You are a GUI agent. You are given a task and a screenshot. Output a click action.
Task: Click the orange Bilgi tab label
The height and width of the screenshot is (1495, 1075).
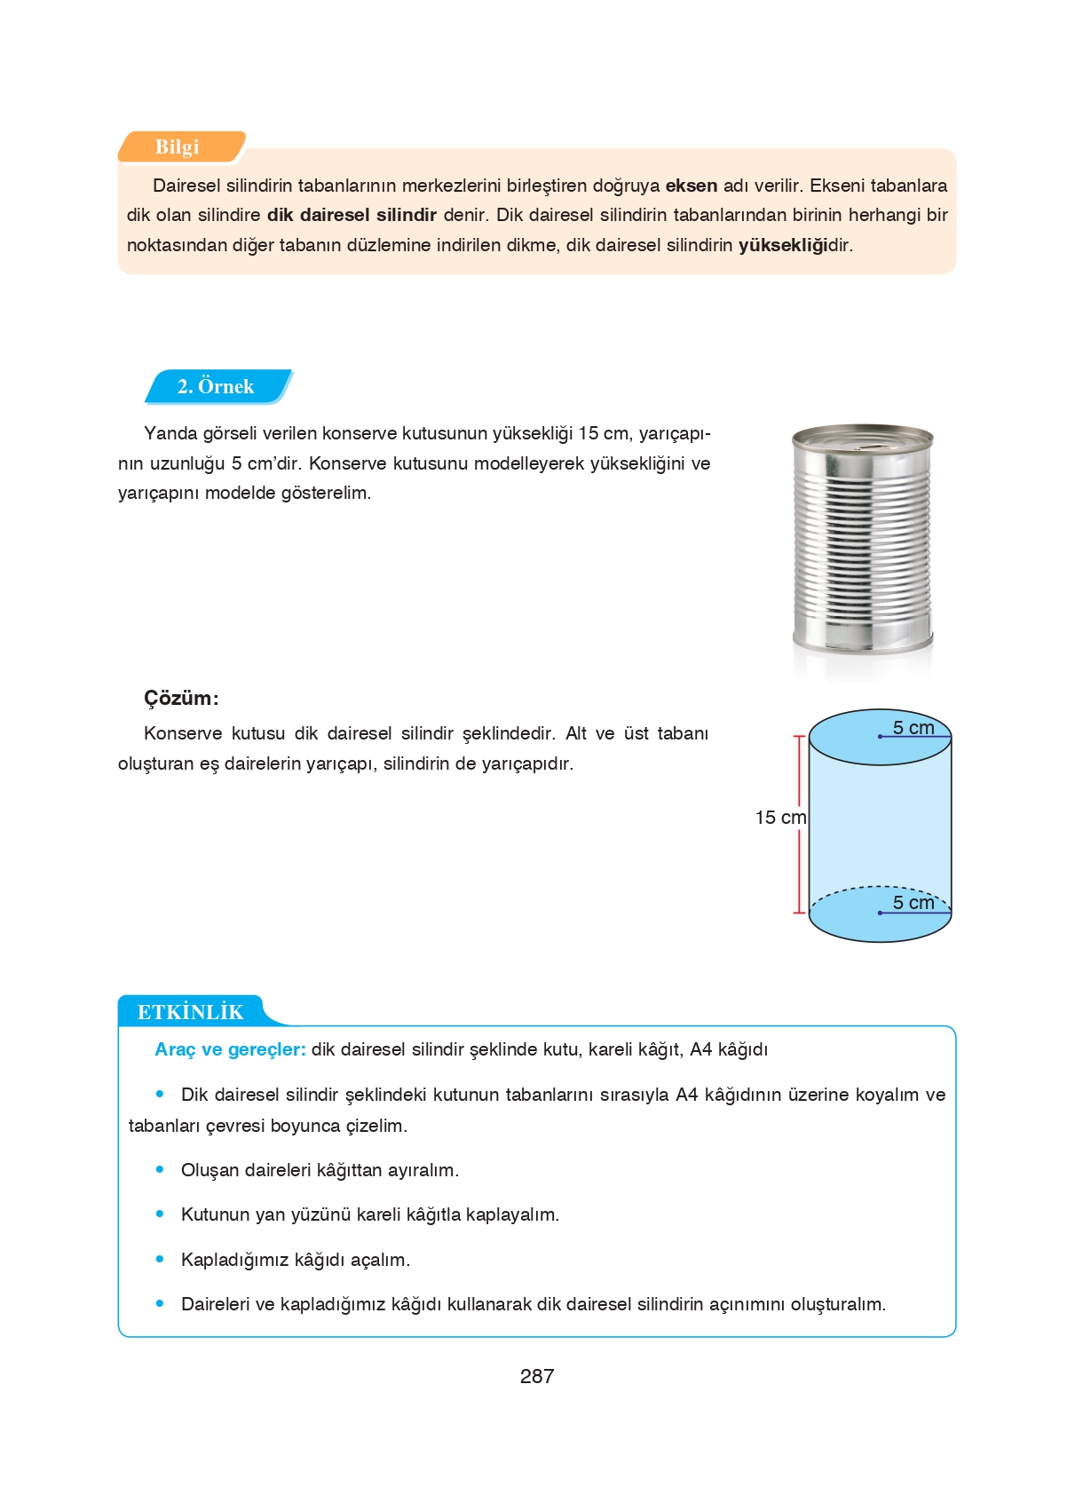click(178, 147)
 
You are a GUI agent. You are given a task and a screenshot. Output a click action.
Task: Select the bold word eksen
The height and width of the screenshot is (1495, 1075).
click(691, 186)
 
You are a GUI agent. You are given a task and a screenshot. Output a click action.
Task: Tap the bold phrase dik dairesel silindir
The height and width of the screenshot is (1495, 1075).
click(352, 215)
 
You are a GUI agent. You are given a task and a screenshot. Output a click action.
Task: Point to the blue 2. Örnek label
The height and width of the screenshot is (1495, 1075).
click(216, 386)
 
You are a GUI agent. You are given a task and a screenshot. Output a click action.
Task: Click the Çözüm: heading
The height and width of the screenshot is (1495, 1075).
click(181, 698)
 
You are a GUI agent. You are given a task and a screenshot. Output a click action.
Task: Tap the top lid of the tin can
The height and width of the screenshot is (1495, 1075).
click(862, 437)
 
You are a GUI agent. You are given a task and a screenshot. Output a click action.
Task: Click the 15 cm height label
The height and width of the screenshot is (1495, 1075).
click(779, 818)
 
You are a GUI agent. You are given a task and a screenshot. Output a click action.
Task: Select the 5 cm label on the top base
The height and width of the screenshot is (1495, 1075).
click(913, 728)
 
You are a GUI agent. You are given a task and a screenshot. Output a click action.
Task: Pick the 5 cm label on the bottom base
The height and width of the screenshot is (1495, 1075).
click(913, 903)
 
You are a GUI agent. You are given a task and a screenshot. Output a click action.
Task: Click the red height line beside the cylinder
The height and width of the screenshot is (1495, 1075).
click(799, 781)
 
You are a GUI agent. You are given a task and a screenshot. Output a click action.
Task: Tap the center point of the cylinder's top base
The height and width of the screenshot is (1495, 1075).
click(880, 737)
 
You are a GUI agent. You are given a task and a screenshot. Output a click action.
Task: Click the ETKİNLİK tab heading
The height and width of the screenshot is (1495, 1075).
click(190, 1012)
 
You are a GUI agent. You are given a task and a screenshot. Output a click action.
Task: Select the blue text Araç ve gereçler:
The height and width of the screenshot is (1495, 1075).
click(230, 1049)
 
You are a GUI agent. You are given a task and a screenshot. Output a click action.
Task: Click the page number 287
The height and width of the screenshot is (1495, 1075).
click(537, 1376)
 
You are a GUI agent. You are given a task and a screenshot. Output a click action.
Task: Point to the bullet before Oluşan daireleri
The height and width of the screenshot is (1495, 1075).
click(160, 1170)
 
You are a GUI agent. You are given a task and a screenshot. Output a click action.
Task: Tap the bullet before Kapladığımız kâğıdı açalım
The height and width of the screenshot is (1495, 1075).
click(160, 1259)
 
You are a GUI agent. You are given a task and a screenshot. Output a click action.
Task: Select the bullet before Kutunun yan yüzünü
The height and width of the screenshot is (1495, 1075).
click(160, 1214)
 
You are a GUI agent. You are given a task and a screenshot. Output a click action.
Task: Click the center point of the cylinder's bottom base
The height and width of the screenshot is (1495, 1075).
click(880, 913)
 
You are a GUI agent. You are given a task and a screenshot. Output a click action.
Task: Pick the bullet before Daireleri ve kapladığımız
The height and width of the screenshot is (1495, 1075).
click(160, 1303)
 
